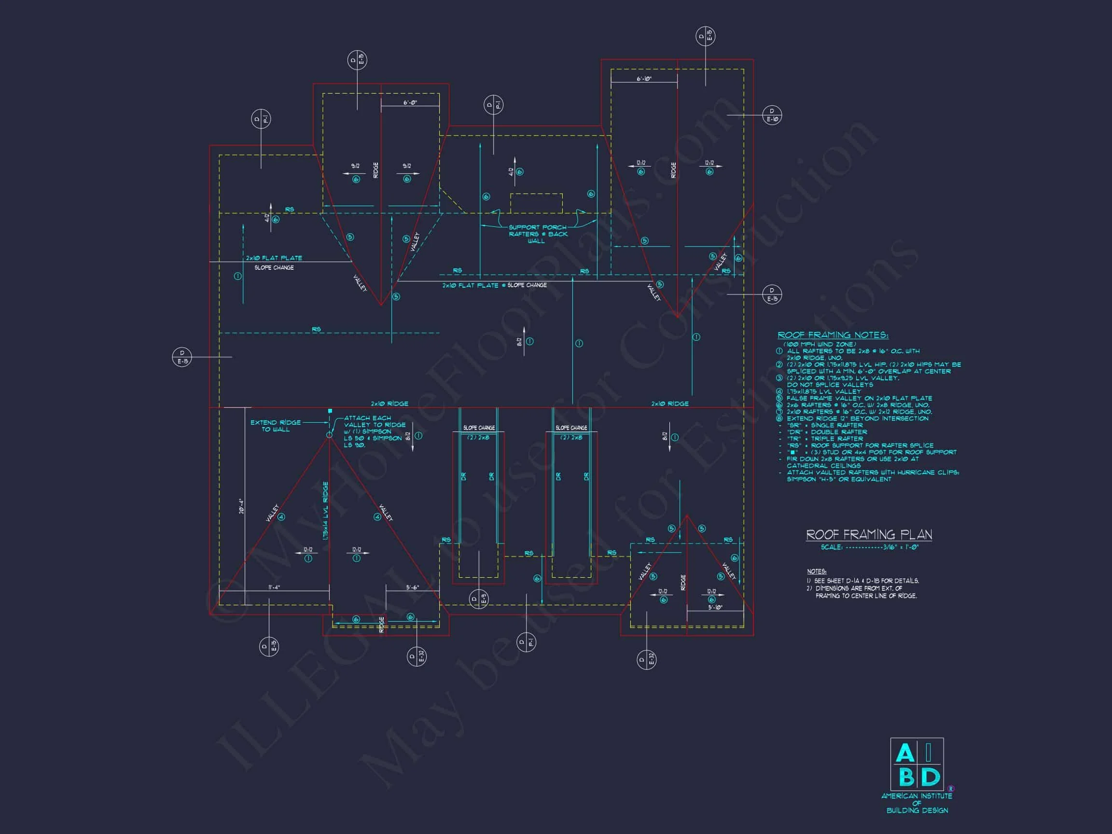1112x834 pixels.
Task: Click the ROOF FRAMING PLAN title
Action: click(869, 534)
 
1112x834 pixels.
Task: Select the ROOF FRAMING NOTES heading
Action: click(833, 335)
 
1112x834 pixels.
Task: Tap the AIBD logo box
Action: click(917, 764)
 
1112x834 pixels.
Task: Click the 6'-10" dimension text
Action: click(644, 79)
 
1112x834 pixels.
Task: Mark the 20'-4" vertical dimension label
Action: click(241, 506)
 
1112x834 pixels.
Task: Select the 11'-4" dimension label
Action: click(274, 587)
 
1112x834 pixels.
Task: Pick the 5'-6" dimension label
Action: click(412, 587)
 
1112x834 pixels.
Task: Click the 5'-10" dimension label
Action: click(715, 607)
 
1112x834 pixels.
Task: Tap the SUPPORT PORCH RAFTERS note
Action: click(537, 234)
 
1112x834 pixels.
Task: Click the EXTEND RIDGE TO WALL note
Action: click(276, 426)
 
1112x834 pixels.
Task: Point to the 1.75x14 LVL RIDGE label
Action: click(325, 511)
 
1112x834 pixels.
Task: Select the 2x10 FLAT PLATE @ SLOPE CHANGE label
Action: click(494, 285)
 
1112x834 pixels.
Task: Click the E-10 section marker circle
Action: click(772, 115)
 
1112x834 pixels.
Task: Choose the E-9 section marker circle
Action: click(478, 599)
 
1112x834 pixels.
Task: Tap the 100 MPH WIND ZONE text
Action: click(819, 344)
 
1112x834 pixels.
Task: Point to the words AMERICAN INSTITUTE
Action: click(917, 796)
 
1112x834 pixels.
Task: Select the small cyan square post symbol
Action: click(330, 411)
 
